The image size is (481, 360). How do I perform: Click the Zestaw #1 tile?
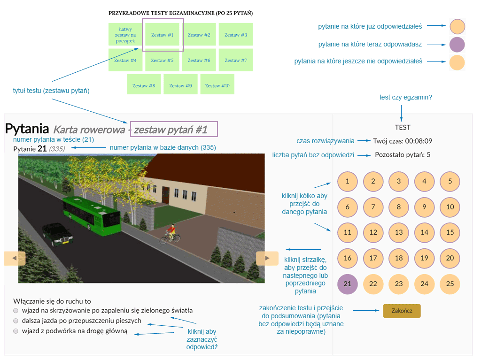coord(162,35)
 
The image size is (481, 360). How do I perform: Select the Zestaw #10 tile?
coord(217,85)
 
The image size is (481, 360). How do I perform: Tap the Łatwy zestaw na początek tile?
coord(125,35)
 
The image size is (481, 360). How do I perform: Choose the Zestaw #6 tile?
coord(199,60)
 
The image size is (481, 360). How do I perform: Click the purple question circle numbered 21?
coord(348,283)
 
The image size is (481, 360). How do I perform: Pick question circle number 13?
coord(399,232)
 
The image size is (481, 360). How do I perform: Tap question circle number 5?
coord(450,181)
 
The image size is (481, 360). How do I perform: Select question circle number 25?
coord(450,283)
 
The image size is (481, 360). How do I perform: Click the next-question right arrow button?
coord(267,258)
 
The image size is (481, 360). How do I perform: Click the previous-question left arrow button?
coord(15,258)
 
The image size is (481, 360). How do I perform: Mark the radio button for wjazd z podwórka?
coord(16,331)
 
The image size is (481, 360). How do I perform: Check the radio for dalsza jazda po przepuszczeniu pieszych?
coord(16,321)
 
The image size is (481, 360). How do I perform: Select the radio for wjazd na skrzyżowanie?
coord(16,311)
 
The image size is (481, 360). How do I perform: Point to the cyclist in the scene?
coord(171,234)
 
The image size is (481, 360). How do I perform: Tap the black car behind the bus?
coord(58,234)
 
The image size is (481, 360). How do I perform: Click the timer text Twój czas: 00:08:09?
coord(403,141)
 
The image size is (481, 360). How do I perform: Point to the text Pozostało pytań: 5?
coord(403,155)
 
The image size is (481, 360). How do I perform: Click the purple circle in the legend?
coord(457,45)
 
